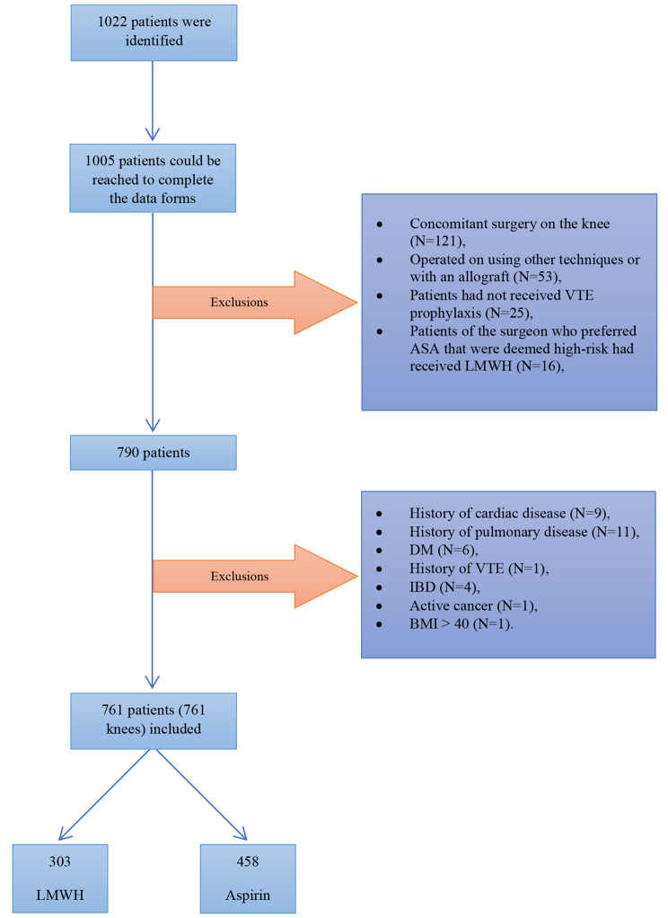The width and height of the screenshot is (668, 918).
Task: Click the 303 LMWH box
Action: pyautogui.click(x=60, y=878)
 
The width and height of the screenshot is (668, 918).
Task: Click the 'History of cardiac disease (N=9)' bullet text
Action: pyautogui.click(x=510, y=514)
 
